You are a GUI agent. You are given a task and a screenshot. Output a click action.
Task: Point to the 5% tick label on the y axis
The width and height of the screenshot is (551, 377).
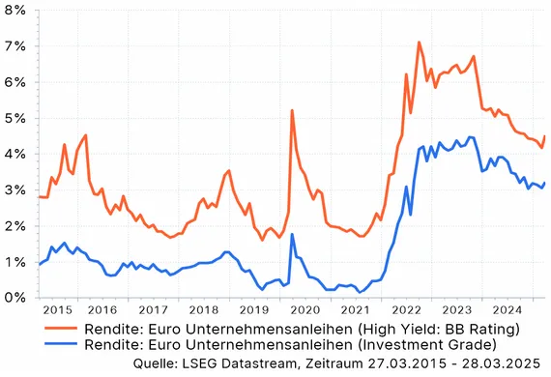click(15, 119)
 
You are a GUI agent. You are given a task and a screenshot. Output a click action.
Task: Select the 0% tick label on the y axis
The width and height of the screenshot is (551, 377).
click(15, 298)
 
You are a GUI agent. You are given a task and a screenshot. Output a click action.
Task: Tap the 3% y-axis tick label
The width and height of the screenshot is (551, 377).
click(15, 190)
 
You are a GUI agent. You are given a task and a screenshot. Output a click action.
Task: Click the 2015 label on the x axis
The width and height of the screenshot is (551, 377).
click(58, 310)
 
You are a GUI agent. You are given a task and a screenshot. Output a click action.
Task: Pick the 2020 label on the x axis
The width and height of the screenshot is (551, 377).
click(304, 310)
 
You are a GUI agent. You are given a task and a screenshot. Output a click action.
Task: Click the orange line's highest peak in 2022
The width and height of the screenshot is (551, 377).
click(419, 42)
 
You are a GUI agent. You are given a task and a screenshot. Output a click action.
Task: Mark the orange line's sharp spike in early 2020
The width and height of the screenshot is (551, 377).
click(292, 110)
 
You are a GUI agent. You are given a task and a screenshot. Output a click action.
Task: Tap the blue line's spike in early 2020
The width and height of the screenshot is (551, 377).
click(292, 235)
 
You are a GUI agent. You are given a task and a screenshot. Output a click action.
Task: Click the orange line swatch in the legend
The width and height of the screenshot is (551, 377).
click(64, 330)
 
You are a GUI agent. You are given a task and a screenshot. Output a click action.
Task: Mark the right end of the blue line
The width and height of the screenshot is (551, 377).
click(545, 183)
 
